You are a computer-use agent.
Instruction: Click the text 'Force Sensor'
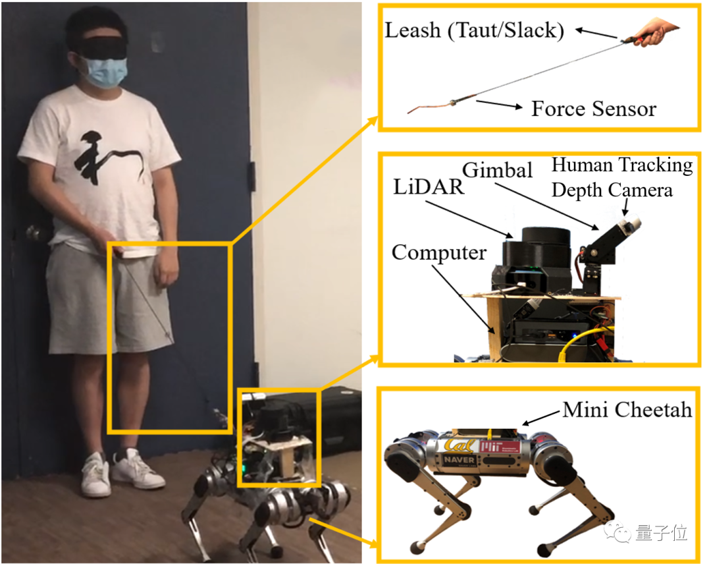pyautogui.click(x=594, y=109)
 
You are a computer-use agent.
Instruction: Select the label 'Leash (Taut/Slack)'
pyautogui.click(x=474, y=31)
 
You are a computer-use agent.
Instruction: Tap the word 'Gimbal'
pyautogui.click(x=497, y=170)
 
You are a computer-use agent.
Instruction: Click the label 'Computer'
pyautogui.click(x=439, y=252)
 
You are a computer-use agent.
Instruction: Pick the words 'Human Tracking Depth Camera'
pyautogui.click(x=621, y=177)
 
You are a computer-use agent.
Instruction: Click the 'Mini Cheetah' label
pyautogui.click(x=627, y=410)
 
